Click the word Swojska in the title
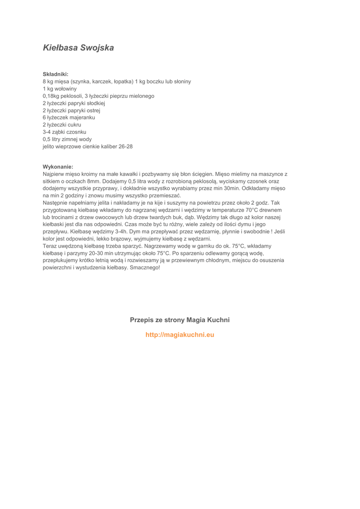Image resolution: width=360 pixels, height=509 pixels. (97, 48)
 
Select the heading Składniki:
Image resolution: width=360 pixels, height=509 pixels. (55, 74)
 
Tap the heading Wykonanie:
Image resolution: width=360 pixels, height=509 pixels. (58, 167)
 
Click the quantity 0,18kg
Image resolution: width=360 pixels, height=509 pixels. (52, 96)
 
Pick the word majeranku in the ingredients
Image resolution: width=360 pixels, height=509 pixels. (83, 118)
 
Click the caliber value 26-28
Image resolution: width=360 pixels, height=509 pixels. (124, 147)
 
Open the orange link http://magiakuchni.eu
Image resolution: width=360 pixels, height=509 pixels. (180, 335)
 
